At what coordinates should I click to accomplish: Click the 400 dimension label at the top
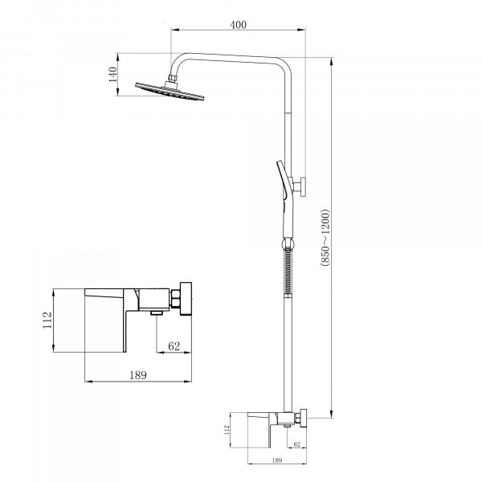tap(239, 25)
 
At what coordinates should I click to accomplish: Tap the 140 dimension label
tap(112, 75)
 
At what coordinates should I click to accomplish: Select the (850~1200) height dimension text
tap(325, 237)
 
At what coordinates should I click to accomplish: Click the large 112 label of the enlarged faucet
tap(47, 320)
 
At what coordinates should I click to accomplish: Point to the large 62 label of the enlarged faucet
tap(174, 346)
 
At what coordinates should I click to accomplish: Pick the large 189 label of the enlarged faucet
tap(138, 375)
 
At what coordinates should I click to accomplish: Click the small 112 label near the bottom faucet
tap(227, 430)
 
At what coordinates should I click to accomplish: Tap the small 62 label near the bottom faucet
tap(297, 444)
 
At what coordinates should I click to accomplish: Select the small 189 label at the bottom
tap(277, 460)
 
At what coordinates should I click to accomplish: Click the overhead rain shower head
tap(170, 91)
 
